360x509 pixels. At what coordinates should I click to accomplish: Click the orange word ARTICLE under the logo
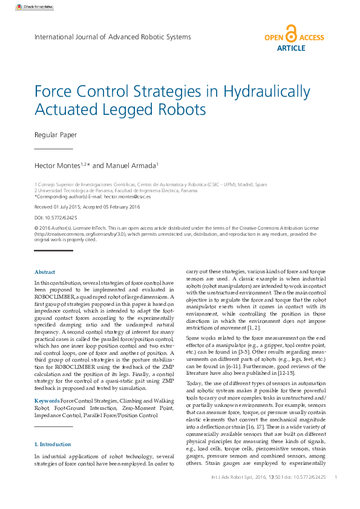point(291,48)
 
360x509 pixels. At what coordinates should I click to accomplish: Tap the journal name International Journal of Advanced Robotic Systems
point(113,37)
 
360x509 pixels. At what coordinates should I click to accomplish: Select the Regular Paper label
point(56,135)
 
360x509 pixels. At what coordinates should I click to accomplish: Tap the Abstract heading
point(45,272)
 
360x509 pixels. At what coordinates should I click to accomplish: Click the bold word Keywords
point(47,401)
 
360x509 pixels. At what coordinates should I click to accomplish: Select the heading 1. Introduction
point(54,444)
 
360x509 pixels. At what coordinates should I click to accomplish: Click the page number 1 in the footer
point(335,478)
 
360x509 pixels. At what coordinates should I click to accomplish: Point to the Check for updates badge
point(30,7)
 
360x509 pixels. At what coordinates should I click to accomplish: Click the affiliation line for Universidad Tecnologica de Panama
point(116,190)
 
